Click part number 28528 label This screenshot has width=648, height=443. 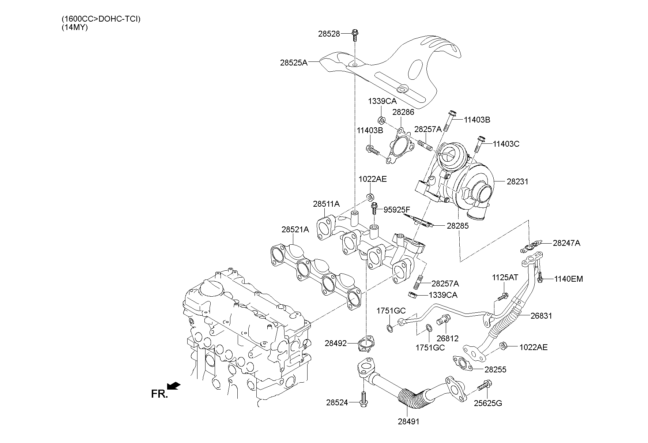(x=329, y=34)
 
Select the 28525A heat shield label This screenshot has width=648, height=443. (x=294, y=63)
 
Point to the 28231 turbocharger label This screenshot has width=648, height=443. (x=517, y=181)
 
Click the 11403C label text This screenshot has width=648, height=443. (x=506, y=144)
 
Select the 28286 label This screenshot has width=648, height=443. (x=403, y=112)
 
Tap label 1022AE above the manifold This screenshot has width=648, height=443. (x=372, y=179)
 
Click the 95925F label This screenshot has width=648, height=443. (x=397, y=210)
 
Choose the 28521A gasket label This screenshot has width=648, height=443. (x=295, y=230)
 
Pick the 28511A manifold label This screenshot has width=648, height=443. (x=326, y=204)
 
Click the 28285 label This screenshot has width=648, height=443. (x=457, y=226)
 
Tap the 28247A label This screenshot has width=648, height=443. (x=566, y=243)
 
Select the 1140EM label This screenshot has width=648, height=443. (x=568, y=279)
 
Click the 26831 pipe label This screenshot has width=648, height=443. (x=541, y=316)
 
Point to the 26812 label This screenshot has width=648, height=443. (x=447, y=338)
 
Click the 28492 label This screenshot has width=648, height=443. (x=335, y=343)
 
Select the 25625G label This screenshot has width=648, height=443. (x=488, y=403)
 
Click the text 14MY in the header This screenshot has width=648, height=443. (x=75, y=27)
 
